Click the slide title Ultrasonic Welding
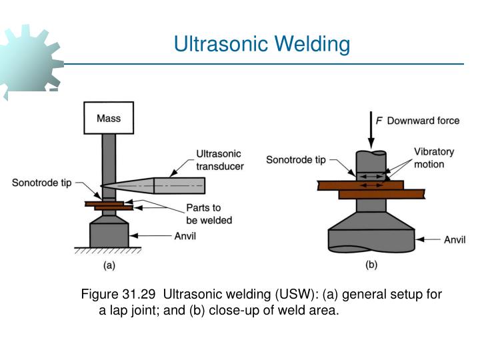click(x=261, y=44)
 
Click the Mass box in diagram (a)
click(x=109, y=119)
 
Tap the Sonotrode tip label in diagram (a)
click(x=42, y=183)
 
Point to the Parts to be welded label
click(x=209, y=214)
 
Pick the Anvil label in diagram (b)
click(x=455, y=239)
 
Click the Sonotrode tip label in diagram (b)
click(x=296, y=159)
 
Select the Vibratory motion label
click(x=433, y=158)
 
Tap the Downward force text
click(x=423, y=121)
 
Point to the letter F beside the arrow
click(x=379, y=121)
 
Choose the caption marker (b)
click(x=371, y=265)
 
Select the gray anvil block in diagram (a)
click(x=109, y=233)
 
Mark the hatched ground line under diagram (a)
click(x=109, y=251)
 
